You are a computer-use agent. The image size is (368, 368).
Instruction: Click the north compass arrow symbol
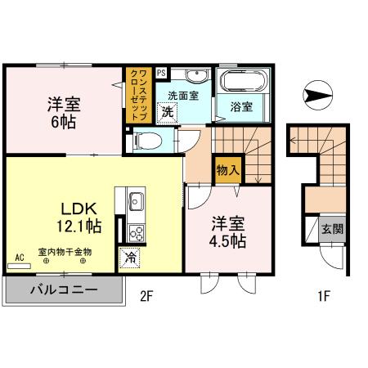pyautogui.click(x=316, y=96)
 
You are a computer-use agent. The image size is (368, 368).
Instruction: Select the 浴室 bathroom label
pyautogui.click(x=240, y=106)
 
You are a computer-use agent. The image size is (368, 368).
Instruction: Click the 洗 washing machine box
pyautogui.click(x=166, y=111)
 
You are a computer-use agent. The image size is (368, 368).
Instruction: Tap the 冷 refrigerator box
pyautogui.click(x=130, y=258)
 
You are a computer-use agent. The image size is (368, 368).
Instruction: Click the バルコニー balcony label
pyautogui.click(x=65, y=290)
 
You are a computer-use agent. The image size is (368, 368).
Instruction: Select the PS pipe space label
pyautogui.click(x=160, y=72)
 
